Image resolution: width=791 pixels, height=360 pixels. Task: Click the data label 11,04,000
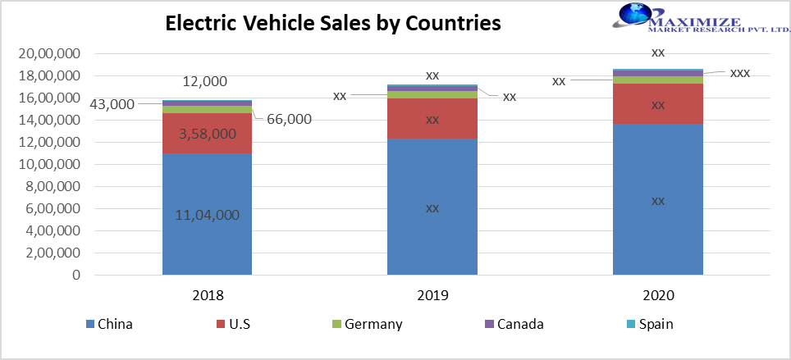tap(207, 215)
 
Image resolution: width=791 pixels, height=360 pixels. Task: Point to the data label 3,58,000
tap(207, 133)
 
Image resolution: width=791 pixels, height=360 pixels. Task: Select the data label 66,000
tap(289, 119)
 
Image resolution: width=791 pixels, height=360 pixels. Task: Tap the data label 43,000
tap(112, 104)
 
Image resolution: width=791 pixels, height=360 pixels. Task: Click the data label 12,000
tap(206, 81)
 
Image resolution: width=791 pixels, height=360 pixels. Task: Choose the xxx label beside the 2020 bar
tap(739, 73)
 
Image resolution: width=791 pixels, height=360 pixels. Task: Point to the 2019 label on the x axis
tap(432, 295)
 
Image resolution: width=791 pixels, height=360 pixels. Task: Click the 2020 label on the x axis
tap(658, 295)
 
